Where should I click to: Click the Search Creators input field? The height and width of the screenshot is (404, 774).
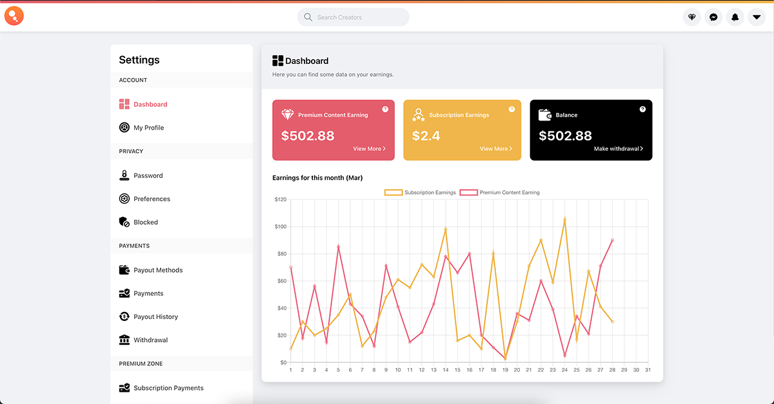coord(353,17)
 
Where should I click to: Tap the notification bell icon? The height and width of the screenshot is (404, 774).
coord(735,17)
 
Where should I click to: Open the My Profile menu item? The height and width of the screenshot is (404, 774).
coord(148,128)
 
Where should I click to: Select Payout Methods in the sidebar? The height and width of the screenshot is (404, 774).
coord(157,270)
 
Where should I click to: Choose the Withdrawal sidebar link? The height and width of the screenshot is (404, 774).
coord(150,340)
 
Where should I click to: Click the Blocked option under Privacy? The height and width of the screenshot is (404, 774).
coord(145,222)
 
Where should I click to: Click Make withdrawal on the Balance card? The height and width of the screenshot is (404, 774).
coord(618,149)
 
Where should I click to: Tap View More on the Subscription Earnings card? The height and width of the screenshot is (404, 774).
coord(495,149)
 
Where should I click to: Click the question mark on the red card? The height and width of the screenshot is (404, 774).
coord(385,110)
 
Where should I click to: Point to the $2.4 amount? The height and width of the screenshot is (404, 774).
coord(426,136)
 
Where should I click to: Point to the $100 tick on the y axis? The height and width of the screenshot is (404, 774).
coord(280,227)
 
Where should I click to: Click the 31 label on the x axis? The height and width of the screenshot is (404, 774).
coord(648,370)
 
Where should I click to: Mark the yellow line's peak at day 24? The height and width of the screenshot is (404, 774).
coord(564,219)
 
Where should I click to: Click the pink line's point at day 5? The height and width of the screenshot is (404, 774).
coord(338,247)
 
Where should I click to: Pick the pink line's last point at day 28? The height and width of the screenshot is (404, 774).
coord(612,240)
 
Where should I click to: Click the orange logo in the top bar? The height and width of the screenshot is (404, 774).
coord(14,15)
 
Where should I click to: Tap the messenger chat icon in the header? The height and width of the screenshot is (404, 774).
coord(713,17)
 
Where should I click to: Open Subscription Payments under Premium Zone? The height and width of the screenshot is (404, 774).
coord(168,388)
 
